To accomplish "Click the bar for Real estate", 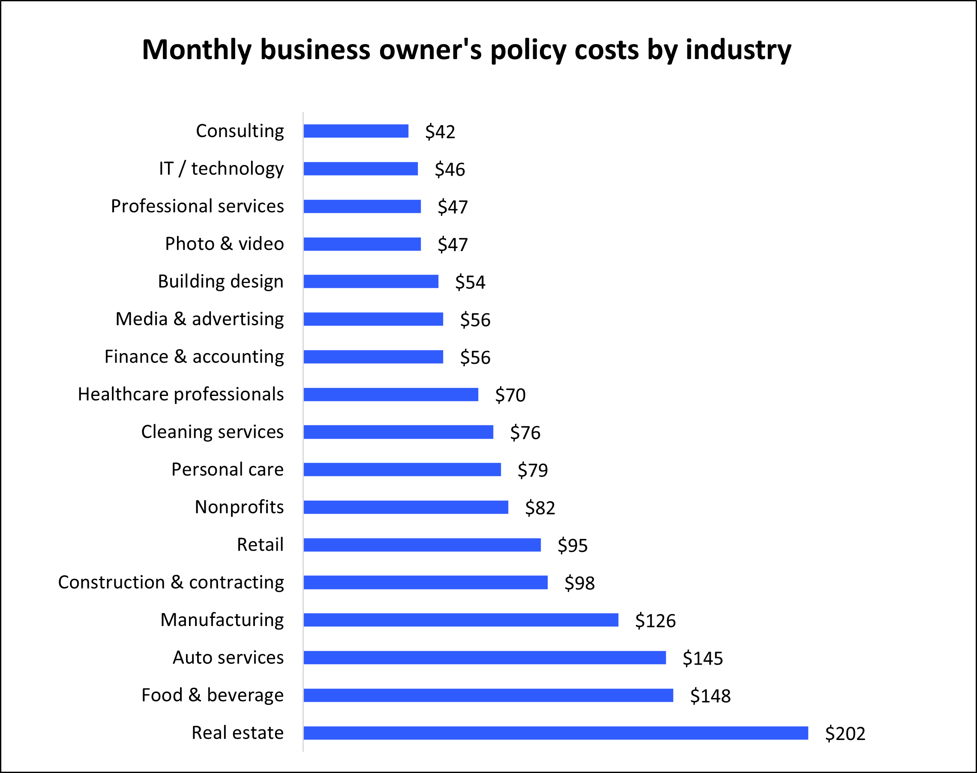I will pyautogui.click(x=555, y=733).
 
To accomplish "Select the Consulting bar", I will pyautogui.click(x=356, y=131).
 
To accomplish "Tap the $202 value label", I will pyautogui.click(x=845, y=734).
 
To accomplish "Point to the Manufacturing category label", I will pyautogui.click(x=222, y=620).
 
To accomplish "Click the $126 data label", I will pyautogui.click(x=655, y=620).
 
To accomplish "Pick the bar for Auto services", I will pyautogui.click(x=484, y=658).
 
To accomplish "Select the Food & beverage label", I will pyautogui.click(x=212, y=695).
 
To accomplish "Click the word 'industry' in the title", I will pyautogui.click(x=738, y=49).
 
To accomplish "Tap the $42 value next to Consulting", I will pyautogui.click(x=440, y=132).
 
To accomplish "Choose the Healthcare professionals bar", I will pyautogui.click(x=390, y=394).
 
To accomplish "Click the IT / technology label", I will pyautogui.click(x=221, y=168).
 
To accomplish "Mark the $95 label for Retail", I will pyautogui.click(x=572, y=545).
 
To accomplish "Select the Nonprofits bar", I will pyautogui.click(x=405, y=507).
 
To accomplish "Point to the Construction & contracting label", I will pyautogui.click(x=171, y=582).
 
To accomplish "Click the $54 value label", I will pyautogui.click(x=470, y=282).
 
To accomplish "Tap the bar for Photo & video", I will pyautogui.click(x=362, y=244).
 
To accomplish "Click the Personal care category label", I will pyautogui.click(x=227, y=469).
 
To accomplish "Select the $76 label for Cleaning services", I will pyautogui.click(x=525, y=433).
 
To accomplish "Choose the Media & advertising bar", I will pyautogui.click(x=373, y=319).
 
